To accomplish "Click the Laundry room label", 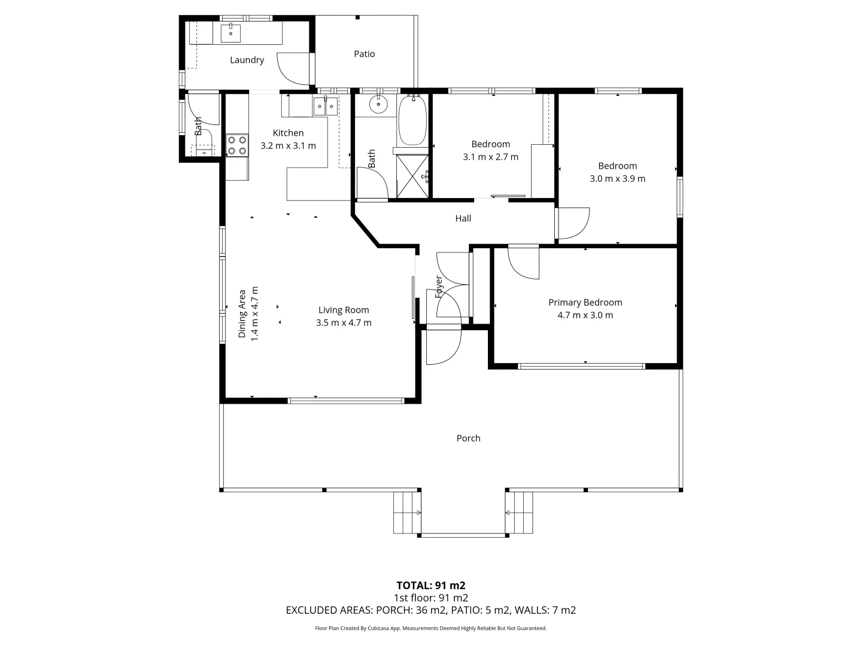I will coord(247,60).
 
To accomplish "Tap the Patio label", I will coord(364,54).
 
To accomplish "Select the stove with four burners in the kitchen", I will coord(237,146).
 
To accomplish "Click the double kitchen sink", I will coord(325,107).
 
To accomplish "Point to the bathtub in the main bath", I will coord(412,120).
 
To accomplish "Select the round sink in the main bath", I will coord(378,105).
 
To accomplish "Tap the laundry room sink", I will coord(230,33).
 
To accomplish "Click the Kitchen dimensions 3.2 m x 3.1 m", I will coord(288,145).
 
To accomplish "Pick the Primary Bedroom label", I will coord(585,303).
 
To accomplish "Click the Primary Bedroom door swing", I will coord(523,262).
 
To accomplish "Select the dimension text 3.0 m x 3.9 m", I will coord(617,178).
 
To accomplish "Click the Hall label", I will coord(463,218).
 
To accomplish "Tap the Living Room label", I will coord(344,310).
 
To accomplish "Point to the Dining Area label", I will coord(242,314).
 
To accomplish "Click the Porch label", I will coord(468,438).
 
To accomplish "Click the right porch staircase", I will coord(520,512).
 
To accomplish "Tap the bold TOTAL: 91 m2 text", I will coord(430,585).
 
